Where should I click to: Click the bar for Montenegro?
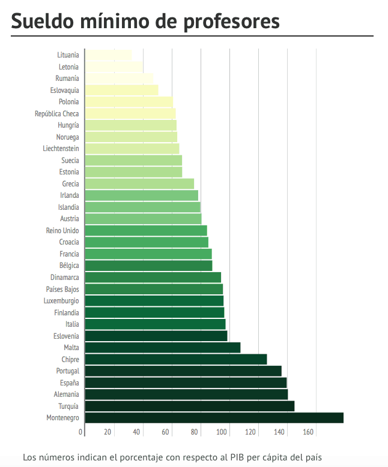[214, 418]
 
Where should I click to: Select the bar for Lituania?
[108, 55]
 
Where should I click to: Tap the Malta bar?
[162, 348]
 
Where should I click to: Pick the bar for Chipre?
[175, 359]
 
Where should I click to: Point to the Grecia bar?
[139, 184]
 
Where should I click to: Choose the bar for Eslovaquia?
[121, 91]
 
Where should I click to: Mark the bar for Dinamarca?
[153, 278]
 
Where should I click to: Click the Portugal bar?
[183, 371]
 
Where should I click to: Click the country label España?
[69, 382]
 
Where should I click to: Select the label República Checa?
[56, 114]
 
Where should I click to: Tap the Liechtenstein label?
[61, 149]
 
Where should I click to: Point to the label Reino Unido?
[62, 231]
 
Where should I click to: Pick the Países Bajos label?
[62, 290]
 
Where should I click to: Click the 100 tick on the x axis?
[224, 432]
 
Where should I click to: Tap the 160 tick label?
[308, 432]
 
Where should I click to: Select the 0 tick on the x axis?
[81, 432]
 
